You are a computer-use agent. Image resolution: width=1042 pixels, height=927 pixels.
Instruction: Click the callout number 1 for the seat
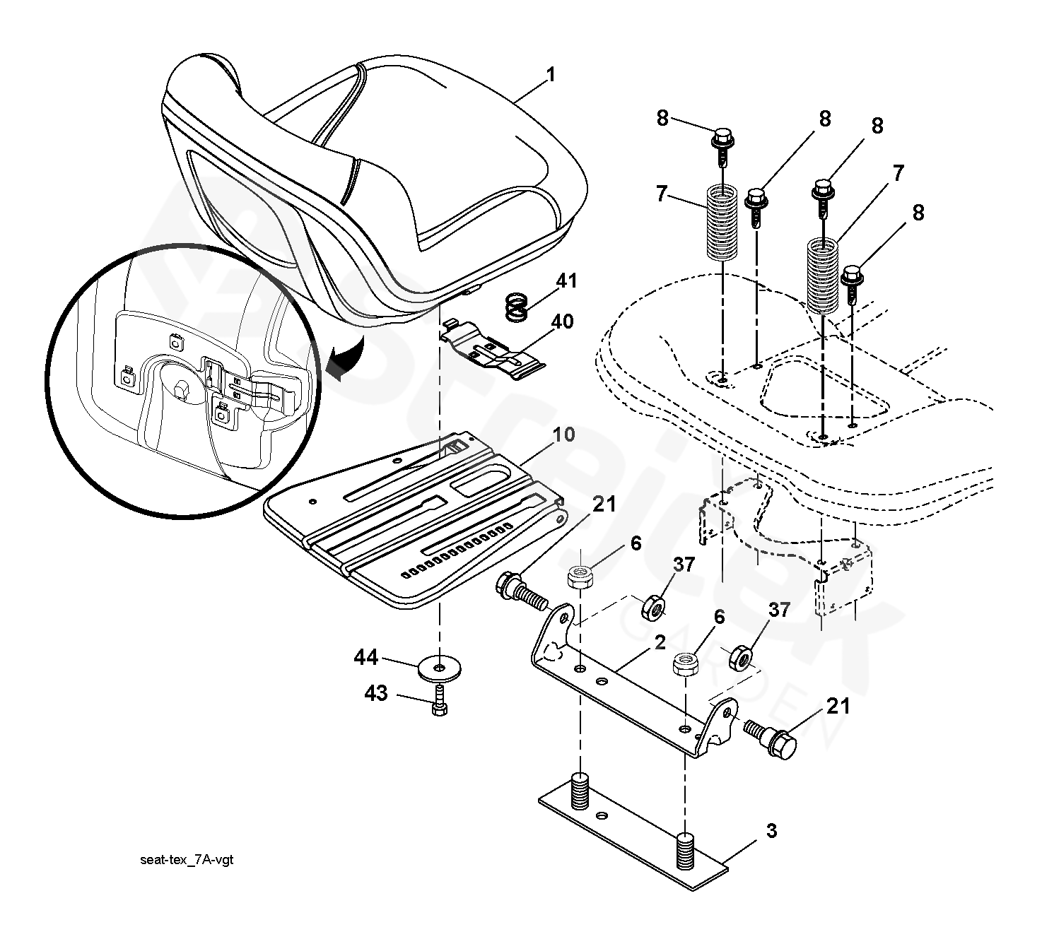(551, 75)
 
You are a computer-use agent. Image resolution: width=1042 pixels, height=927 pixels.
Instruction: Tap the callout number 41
(566, 281)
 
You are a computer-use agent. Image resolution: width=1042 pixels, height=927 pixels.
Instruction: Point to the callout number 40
(562, 322)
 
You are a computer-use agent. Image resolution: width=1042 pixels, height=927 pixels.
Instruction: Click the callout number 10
(563, 435)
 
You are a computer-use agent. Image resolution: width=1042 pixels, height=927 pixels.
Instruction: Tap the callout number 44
(366, 659)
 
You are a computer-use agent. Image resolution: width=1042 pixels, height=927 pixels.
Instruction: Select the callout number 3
(771, 831)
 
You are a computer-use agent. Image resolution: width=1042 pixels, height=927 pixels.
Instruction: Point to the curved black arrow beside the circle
(346, 360)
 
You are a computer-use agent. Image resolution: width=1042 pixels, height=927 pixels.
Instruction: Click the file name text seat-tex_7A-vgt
(186, 860)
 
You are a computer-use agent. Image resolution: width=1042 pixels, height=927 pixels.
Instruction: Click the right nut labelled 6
(685, 663)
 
